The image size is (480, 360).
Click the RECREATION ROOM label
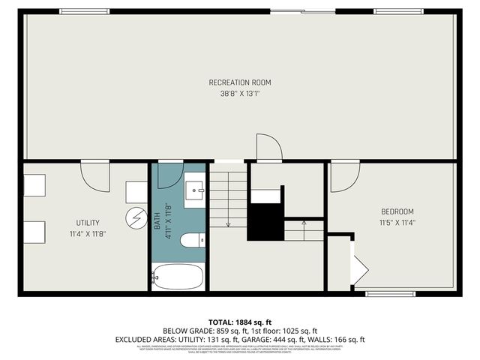[x=240, y=82]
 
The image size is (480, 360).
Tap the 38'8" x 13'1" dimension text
[x=240, y=94]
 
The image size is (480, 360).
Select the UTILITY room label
[x=88, y=223]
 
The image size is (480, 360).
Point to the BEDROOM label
[x=397, y=211]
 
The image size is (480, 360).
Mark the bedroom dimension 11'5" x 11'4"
[x=397, y=223]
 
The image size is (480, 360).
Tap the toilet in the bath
[x=192, y=240]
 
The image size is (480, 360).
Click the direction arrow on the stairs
[x=304, y=224]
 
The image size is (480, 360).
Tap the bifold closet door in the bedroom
[x=360, y=268]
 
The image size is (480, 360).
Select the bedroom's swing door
[x=343, y=177]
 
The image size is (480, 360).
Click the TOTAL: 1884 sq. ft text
[x=239, y=321]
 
